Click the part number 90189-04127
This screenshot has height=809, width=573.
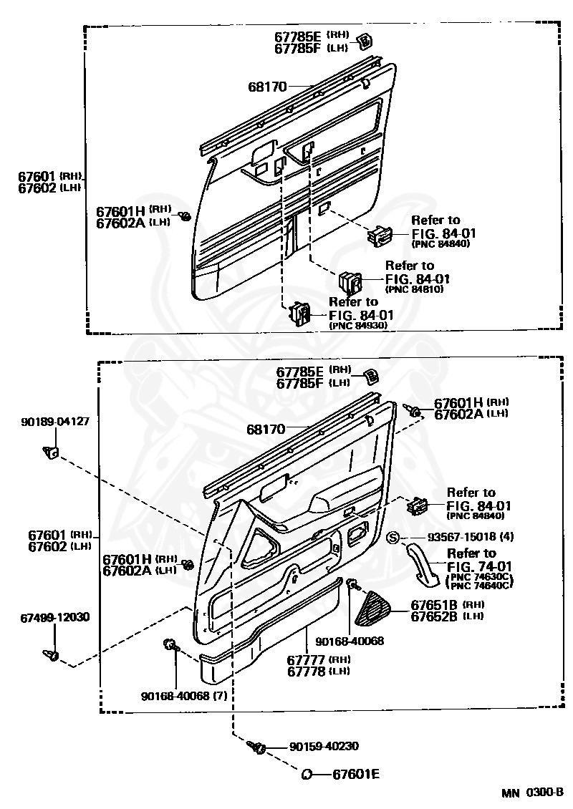pos(55,422)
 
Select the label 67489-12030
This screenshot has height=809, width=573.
pos(55,616)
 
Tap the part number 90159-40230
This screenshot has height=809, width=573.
pos(324,746)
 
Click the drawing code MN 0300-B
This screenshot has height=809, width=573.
pos(532,793)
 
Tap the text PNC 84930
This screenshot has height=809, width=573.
pos(358,325)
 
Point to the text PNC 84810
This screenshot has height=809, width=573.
pos(415,289)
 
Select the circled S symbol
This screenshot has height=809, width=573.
pos(393,538)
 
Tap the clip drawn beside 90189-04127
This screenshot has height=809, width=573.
pos(50,452)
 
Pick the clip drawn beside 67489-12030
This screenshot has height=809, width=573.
pos(51,654)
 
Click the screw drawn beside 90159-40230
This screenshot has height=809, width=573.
pos(257,747)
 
